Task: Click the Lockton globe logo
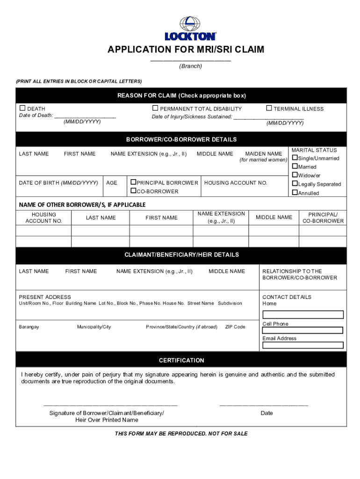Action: (190, 23)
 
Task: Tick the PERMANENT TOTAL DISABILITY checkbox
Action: (155, 109)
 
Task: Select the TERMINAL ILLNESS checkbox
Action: (269, 109)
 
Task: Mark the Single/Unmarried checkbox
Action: (295, 158)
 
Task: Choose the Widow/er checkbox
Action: (295, 175)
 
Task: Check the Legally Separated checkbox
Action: (295, 184)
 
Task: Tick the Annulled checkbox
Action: (295, 193)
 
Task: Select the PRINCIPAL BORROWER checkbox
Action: (133, 182)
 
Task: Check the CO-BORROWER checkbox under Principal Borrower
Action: (133, 191)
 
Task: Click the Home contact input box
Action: (303, 314)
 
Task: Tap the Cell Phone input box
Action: (303, 330)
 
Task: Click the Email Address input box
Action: (303, 345)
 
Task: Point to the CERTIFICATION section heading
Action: (181, 360)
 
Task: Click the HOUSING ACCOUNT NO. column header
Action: (43, 218)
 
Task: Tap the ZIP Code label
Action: (235, 327)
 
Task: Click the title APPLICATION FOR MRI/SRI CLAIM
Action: (186, 50)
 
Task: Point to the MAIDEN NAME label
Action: (263, 154)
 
